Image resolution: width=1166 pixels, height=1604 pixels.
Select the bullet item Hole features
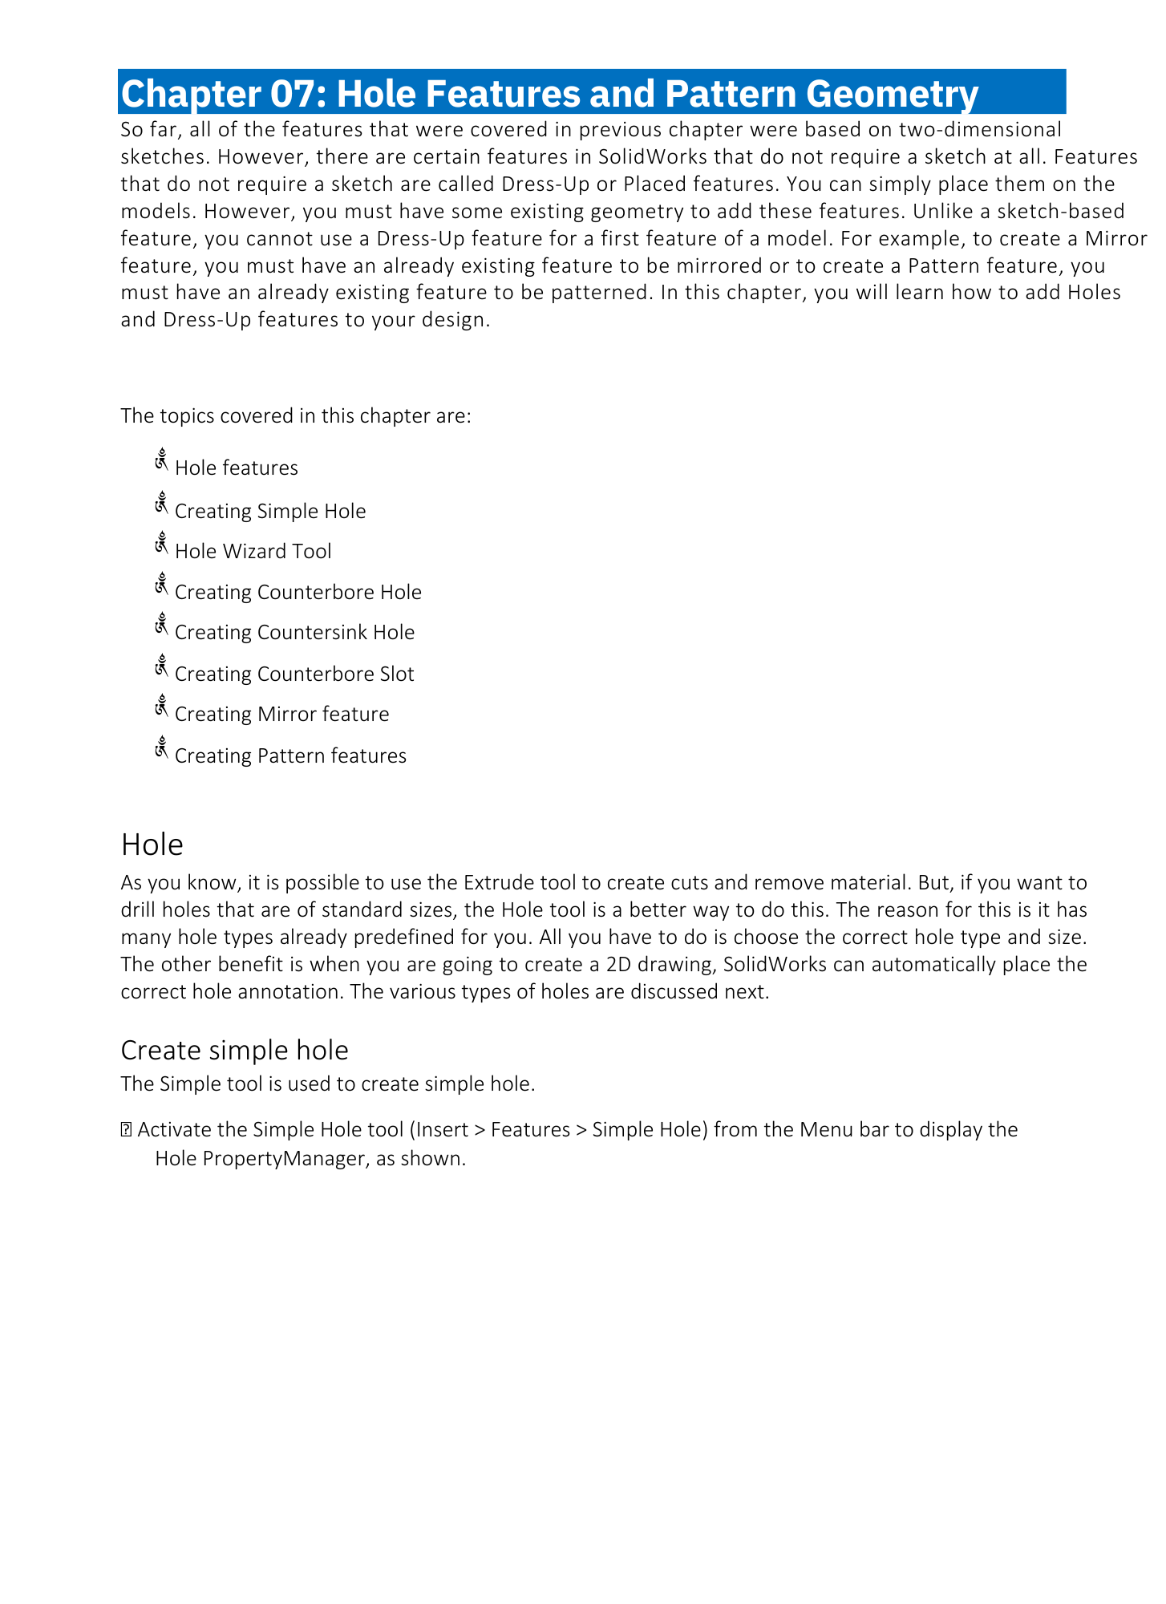pos(236,468)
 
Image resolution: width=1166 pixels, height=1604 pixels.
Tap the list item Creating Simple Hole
pos(269,512)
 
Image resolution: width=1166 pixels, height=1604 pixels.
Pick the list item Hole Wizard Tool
pos(253,552)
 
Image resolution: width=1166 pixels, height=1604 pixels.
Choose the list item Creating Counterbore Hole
pos(298,593)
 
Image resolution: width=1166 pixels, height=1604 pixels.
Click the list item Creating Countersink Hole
pos(294,633)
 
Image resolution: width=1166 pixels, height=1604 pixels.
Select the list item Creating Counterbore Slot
pos(294,674)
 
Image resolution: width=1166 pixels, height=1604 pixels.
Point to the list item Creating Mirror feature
pos(281,715)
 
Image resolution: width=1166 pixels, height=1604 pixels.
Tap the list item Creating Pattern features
pos(290,756)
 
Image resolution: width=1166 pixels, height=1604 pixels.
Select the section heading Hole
pos(152,845)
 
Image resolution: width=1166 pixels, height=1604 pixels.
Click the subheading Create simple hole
pos(234,1050)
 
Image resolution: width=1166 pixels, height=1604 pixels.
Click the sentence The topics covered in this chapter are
pos(296,416)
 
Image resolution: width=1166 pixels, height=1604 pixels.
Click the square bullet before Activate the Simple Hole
pos(126,1131)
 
